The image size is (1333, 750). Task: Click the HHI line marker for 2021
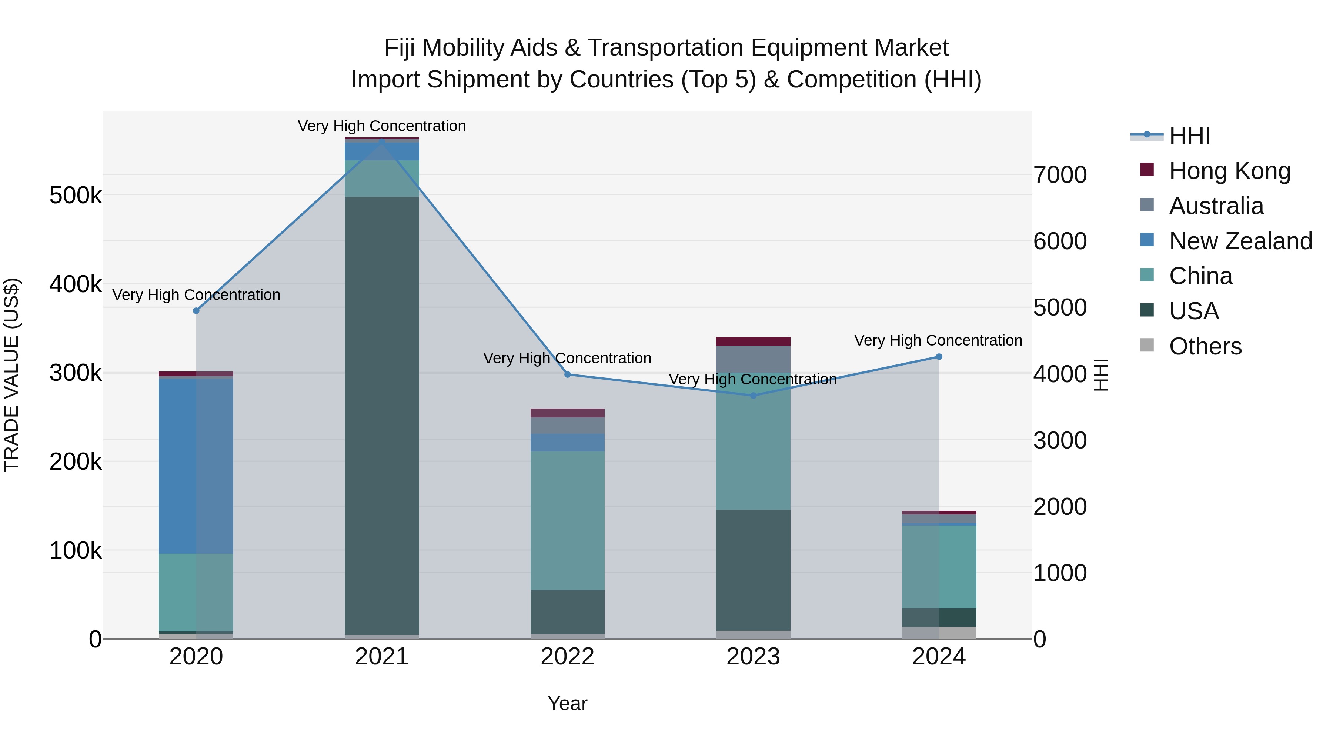click(x=382, y=140)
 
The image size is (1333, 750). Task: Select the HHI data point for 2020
click(x=196, y=311)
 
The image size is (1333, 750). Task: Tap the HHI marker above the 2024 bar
click(x=939, y=357)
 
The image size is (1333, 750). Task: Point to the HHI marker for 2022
click(x=567, y=374)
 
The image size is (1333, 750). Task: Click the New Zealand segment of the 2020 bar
click(x=196, y=466)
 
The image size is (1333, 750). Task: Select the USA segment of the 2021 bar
click(x=382, y=414)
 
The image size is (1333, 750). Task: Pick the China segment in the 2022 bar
click(x=567, y=520)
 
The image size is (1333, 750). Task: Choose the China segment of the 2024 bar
click(x=939, y=566)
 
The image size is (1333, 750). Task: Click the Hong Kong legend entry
click(x=1229, y=170)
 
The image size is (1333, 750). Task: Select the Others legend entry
click(x=1205, y=346)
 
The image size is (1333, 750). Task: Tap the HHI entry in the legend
click(x=1189, y=136)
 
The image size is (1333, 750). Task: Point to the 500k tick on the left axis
click(x=76, y=196)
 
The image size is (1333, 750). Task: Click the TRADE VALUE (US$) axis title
click(x=11, y=375)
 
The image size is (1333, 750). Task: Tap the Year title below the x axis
click(x=567, y=703)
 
